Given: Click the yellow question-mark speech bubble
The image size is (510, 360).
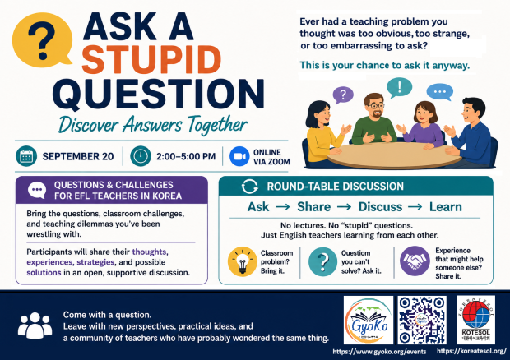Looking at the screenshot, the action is pyautogui.click(x=41, y=39).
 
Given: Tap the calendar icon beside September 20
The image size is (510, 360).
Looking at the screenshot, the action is pyautogui.click(x=26, y=156).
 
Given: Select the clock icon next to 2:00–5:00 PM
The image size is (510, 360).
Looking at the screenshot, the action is pyautogui.click(x=141, y=156).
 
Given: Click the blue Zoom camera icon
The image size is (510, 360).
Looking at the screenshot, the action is pyautogui.click(x=239, y=156).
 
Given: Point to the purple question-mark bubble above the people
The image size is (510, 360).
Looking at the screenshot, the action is pyautogui.click(x=343, y=95).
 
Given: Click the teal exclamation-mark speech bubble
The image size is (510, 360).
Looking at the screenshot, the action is pyautogui.click(x=400, y=87).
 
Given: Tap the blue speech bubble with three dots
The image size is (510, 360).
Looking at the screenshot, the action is pyautogui.click(x=440, y=92).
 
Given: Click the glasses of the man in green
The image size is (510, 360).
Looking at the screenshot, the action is pyautogui.click(x=377, y=105).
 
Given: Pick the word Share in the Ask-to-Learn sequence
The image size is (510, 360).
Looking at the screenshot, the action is pyautogui.click(x=314, y=206).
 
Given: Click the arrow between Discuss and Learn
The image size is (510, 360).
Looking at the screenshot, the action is pyautogui.click(x=415, y=206).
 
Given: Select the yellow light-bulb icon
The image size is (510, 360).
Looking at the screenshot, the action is pyautogui.click(x=243, y=261).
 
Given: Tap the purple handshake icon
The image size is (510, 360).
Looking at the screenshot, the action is pyautogui.click(x=415, y=261).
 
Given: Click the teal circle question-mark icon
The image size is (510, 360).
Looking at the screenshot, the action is pyautogui.click(x=322, y=261).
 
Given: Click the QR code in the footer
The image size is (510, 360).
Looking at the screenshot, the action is pyautogui.click(x=422, y=320).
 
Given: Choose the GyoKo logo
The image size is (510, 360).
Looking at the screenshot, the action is pyautogui.click(x=369, y=320).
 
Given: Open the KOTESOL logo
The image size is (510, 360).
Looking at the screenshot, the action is pyautogui.click(x=475, y=320).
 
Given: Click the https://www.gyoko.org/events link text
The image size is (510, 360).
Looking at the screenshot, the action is pyautogui.click(x=379, y=352).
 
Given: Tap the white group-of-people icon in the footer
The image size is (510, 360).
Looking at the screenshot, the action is pyautogui.click(x=35, y=325).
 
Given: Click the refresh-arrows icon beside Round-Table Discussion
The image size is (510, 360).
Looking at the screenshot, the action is pyautogui.click(x=249, y=187).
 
